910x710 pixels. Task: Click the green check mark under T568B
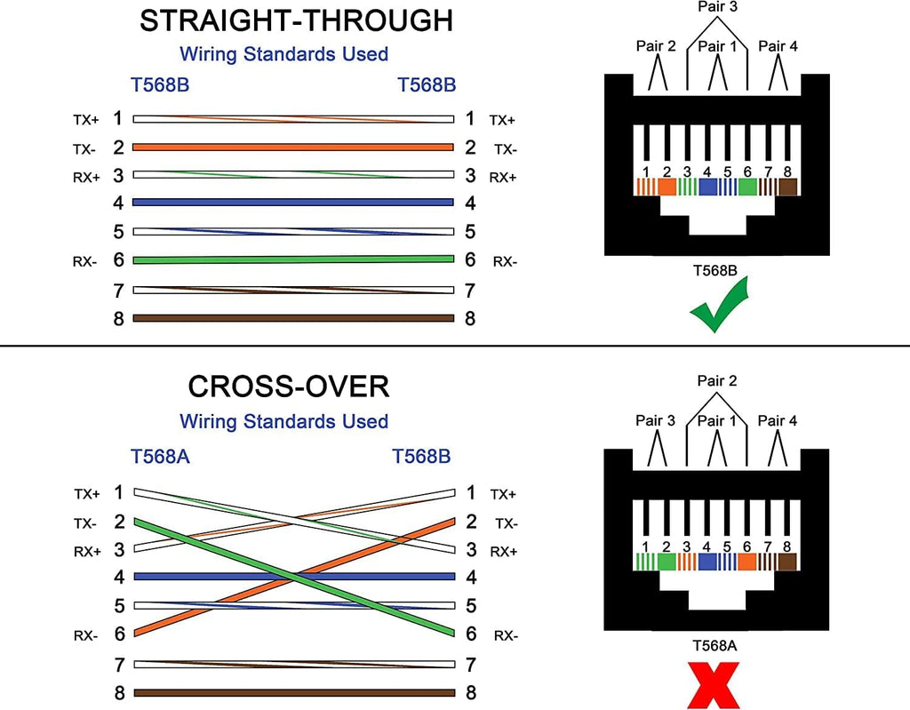(x=719, y=307)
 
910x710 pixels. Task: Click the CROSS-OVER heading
(x=288, y=387)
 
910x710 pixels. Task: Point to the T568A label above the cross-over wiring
(x=160, y=457)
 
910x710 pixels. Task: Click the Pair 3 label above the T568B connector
(x=718, y=6)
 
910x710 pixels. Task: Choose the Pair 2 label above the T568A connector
(x=718, y=380)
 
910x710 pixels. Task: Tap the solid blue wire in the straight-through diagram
(x=293, y=203)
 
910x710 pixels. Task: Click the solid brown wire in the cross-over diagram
(x=293, y=693)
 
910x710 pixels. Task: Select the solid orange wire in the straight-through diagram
(x=293, y=148)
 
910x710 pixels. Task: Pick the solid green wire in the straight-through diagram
(x=293, y=259)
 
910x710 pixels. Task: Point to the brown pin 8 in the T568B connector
(x=787, y=187)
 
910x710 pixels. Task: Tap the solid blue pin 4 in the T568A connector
(x=707, y=562)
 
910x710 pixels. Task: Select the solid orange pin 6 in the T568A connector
(x=746, y=562)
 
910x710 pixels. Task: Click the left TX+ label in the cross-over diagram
(x=86, y=493)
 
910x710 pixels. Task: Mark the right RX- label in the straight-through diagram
(x=506, y=260)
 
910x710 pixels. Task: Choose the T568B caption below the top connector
(x=718, y=270)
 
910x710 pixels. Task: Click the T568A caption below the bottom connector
(x=718, y=645)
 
